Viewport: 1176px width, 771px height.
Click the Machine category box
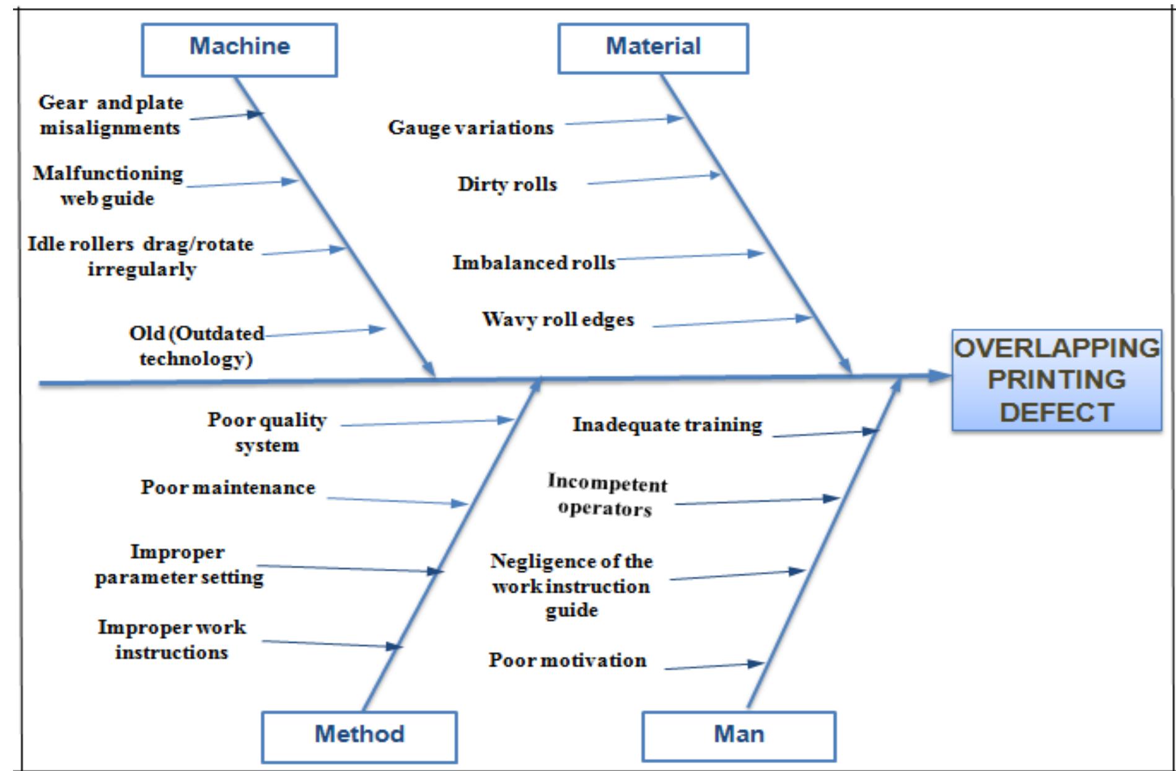239,50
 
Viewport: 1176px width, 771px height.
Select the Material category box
653,48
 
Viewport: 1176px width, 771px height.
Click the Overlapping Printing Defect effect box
1056,380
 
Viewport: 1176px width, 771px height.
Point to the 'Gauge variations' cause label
470,128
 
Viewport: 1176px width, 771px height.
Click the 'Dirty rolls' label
507,184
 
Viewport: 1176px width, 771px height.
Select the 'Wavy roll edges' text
558,319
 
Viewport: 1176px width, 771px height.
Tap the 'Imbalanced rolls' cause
533,262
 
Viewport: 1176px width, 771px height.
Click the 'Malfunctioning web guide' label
108,185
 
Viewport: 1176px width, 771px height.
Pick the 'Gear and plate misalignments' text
110,115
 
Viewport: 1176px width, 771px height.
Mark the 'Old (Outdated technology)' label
196,345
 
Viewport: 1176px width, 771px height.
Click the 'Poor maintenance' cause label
227,487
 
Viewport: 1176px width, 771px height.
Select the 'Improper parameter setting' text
178,564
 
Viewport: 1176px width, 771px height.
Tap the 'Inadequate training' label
667,425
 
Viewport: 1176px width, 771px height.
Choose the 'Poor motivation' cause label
567,660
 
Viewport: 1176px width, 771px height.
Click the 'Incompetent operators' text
607,495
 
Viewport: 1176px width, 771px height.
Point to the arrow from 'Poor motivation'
714,666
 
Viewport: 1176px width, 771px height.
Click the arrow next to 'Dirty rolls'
653,179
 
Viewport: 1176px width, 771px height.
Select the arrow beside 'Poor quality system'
427,423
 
